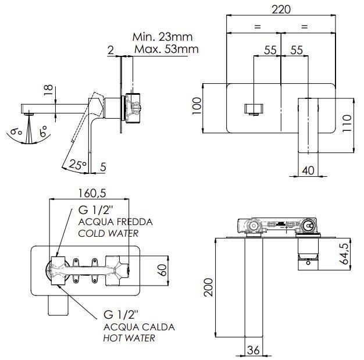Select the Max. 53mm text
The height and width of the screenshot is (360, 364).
click(166, 49)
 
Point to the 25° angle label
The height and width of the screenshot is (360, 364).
click(77, 165)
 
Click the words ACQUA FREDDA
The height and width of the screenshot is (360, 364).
click(115, 222)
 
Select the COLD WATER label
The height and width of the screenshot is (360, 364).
click(108, 233)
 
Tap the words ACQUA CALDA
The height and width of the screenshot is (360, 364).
click(139, 327)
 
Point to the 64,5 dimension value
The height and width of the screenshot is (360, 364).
click(345, 254)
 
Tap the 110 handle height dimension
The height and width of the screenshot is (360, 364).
click(347, 124)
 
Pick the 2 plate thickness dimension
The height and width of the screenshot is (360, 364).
click(110, 51)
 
